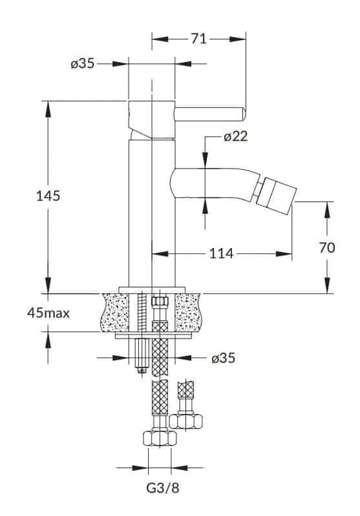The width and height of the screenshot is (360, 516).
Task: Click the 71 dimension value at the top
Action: pos(198,39)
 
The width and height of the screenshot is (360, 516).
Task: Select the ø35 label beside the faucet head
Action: pos(82,63)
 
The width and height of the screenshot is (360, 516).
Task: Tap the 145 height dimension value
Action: pos(48,196)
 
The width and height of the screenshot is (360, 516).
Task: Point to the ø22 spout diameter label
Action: pos(235,136)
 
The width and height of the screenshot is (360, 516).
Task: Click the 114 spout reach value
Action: pos(221,254)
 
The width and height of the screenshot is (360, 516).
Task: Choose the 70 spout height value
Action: pos(327,247)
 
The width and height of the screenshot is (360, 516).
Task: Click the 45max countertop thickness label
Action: pos(48,313)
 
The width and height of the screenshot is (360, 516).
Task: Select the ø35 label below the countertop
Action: pos(224,358)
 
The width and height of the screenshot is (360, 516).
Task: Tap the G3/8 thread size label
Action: pos(163,488)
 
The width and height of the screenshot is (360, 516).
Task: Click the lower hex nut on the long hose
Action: pos(160,438)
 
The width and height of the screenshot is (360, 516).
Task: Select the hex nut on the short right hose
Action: pos(185,421)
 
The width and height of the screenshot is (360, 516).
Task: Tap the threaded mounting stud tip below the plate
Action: pos(142,371)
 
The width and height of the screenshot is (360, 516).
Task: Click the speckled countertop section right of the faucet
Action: pos(189,313)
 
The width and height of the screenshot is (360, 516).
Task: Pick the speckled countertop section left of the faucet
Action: pos(115,313)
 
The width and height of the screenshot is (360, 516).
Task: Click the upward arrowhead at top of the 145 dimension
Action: pos(48,108)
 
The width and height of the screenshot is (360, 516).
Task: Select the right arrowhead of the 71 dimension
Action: pos(238,39)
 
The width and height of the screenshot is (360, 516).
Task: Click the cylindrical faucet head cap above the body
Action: pos(151,119)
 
